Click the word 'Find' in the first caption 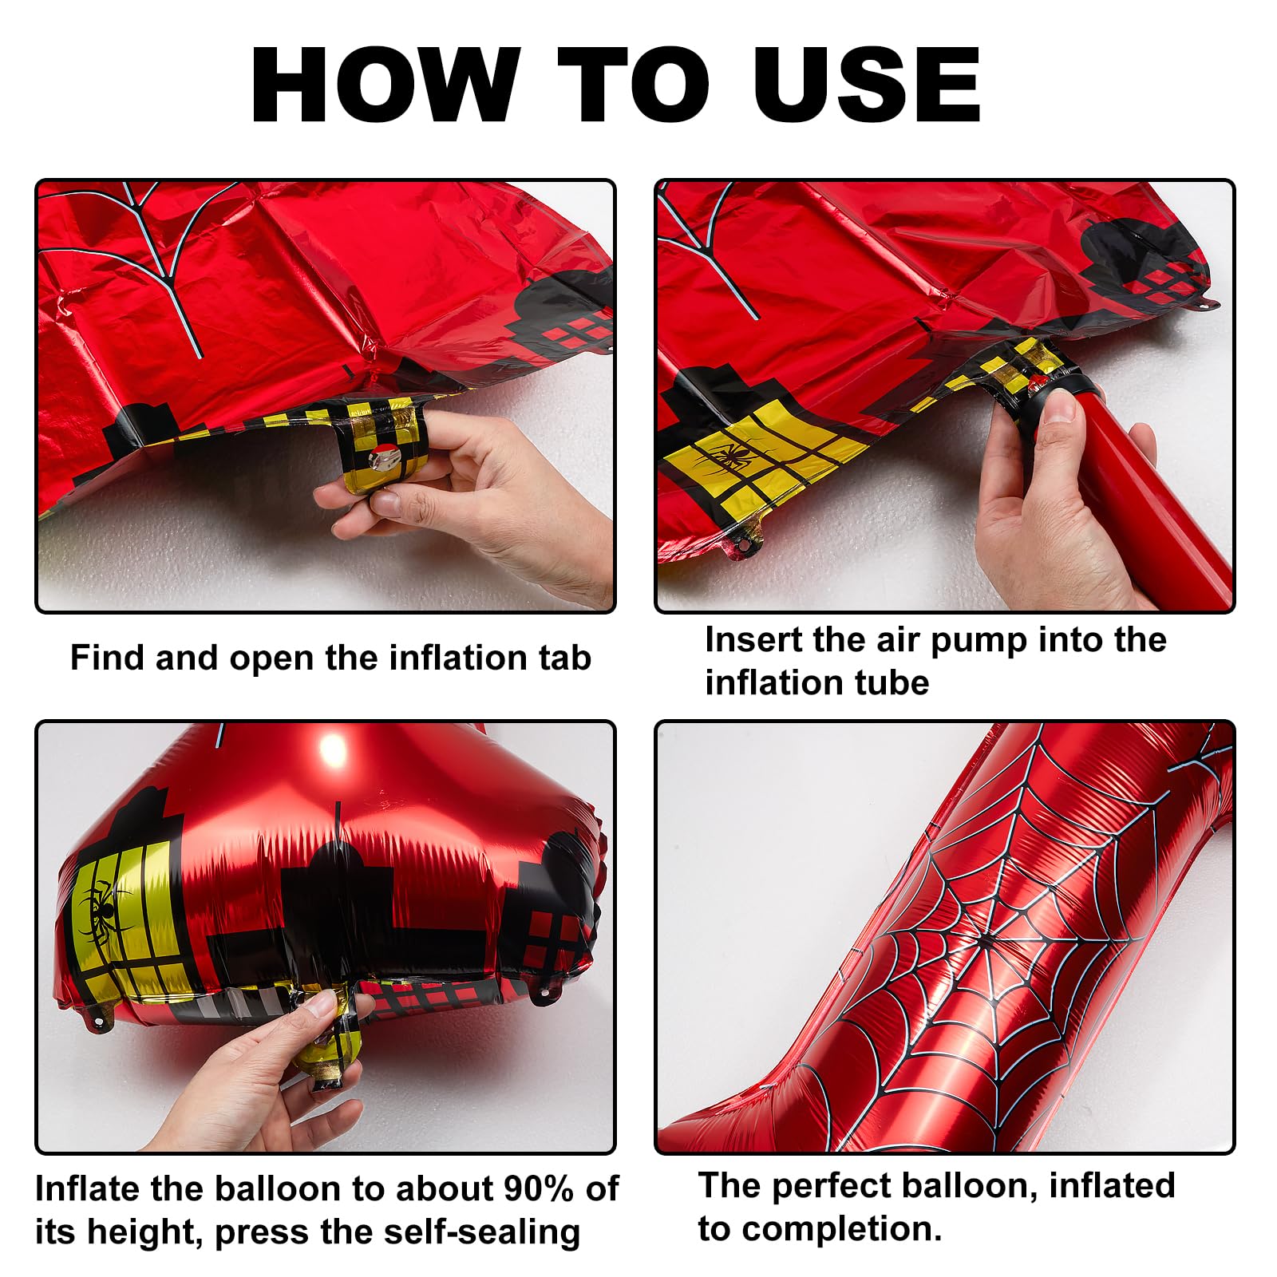[107, 658]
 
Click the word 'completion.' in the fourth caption [842, 1229]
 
